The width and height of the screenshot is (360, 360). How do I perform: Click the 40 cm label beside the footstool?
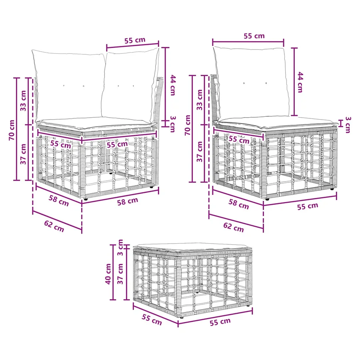coord(108,274)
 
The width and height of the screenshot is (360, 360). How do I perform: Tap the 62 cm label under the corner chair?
coord(54,226)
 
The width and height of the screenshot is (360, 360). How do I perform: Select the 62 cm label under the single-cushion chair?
coord(234,227)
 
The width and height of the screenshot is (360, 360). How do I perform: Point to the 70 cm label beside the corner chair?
coord(11,130)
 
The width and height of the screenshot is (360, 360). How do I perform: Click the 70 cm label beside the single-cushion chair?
coord(188,125)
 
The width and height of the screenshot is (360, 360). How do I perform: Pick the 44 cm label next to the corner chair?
coord(173,85)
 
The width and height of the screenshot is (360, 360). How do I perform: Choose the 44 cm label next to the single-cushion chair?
coord(300,82)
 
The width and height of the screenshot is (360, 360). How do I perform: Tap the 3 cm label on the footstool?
coord(120,248)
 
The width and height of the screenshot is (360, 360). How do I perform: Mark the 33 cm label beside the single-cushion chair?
coord(200,100)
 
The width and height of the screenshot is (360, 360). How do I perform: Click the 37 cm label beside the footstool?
coord(120,274)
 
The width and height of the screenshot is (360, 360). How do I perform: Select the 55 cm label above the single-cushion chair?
coord(254,36)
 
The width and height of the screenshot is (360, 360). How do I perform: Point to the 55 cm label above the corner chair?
coord(135,40)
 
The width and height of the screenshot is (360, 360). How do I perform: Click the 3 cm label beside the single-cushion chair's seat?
coord(348,125)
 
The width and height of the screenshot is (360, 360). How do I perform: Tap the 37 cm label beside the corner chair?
coord(23,154)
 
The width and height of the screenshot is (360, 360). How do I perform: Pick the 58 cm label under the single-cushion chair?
coord(239,204)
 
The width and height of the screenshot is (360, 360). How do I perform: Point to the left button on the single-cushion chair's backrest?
coord(244,83)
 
